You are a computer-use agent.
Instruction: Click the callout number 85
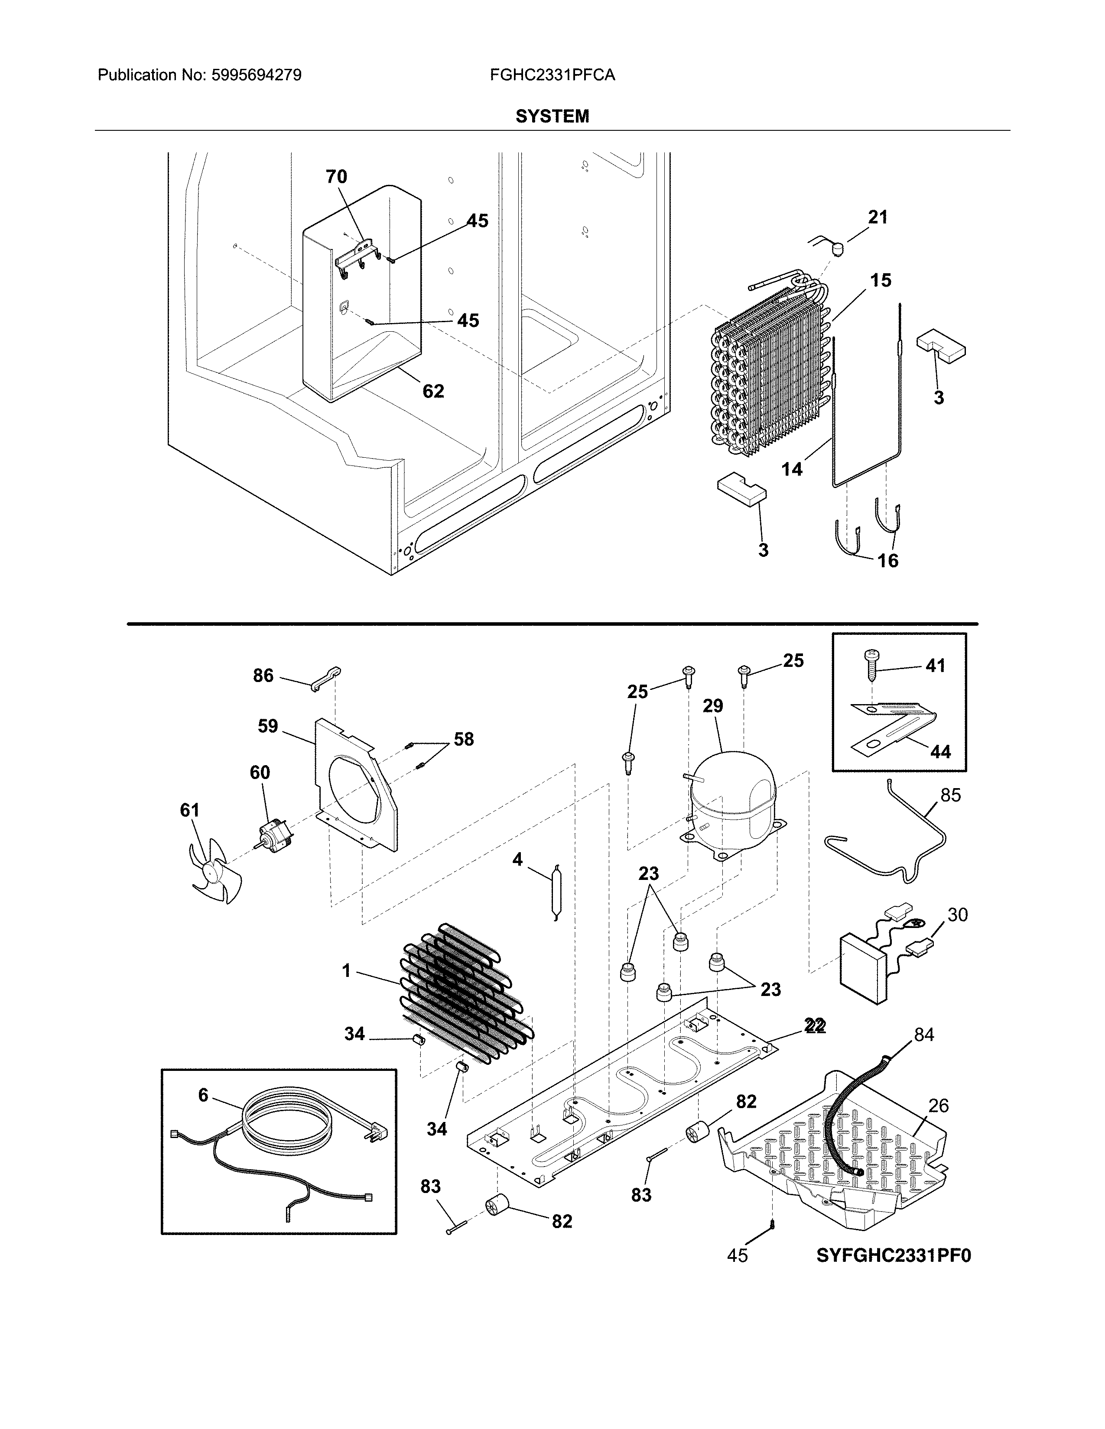click(950, 795)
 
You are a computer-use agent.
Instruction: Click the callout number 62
click(433, 391)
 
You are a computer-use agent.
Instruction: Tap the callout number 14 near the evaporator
click(791, 469)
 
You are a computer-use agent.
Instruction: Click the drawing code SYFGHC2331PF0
click(894, 1256)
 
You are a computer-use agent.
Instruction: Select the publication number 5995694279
click(256, 75)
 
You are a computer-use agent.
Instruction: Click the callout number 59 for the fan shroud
click(268, 726)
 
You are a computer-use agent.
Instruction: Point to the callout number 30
click(957, 915)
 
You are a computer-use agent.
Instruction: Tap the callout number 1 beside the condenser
click(347, 971)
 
